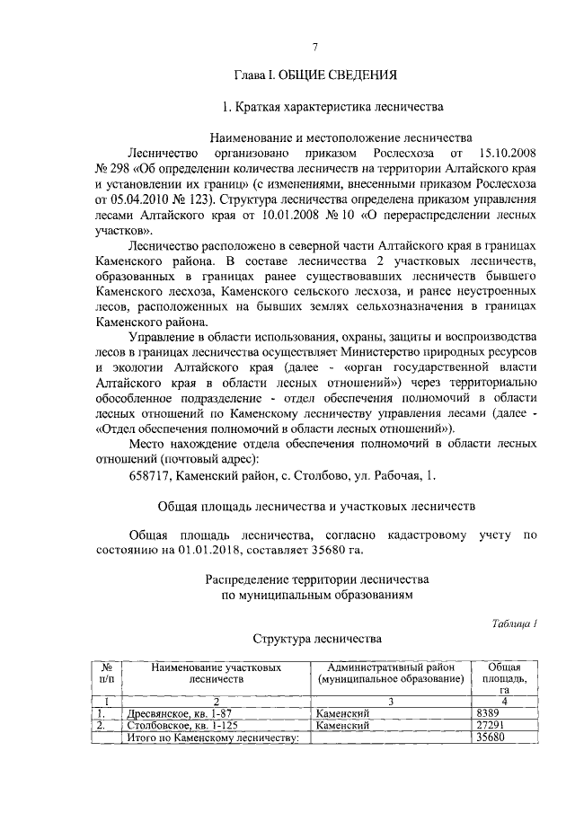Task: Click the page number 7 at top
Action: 315,47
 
